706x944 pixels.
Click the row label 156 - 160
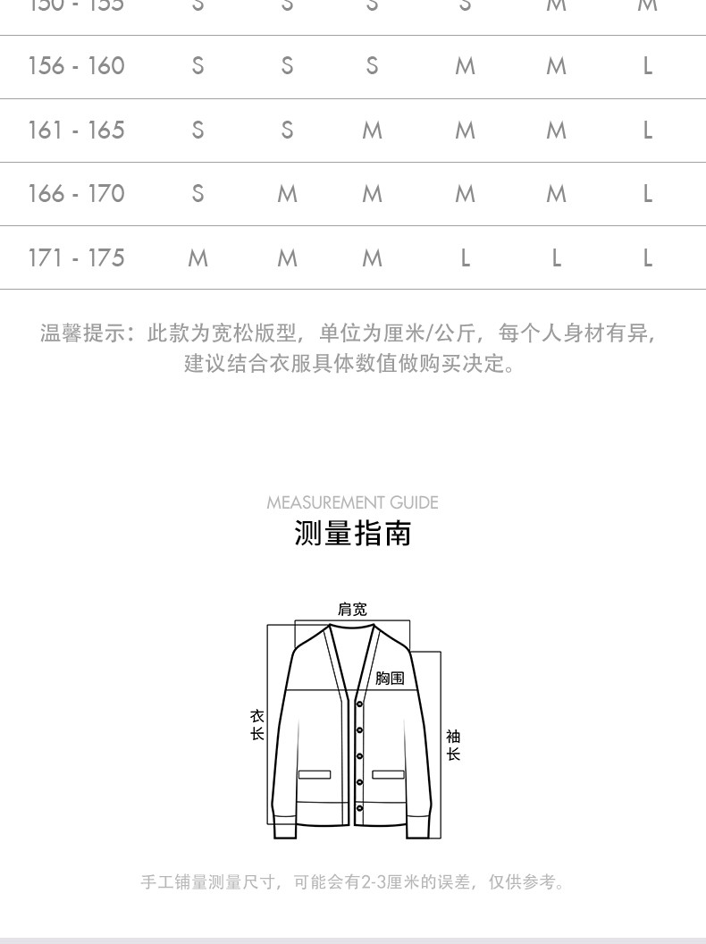76,66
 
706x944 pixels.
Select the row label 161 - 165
76,131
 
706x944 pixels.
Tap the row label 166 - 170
76,194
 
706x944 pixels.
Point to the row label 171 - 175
76,258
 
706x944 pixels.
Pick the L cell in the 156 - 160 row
648,66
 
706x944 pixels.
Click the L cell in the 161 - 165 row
648,131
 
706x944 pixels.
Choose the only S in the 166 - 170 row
198,194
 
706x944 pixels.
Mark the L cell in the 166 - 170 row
648,194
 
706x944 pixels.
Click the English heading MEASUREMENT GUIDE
352,502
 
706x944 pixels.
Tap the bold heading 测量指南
352,534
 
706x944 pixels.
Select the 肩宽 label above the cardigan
352,610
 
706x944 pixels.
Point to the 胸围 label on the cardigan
390,678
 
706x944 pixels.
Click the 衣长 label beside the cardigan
257,725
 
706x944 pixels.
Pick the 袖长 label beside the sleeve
453,745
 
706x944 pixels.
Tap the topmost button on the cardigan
359,704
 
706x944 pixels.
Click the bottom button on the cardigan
359,809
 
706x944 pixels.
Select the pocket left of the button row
315,774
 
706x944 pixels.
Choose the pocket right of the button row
389,774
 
